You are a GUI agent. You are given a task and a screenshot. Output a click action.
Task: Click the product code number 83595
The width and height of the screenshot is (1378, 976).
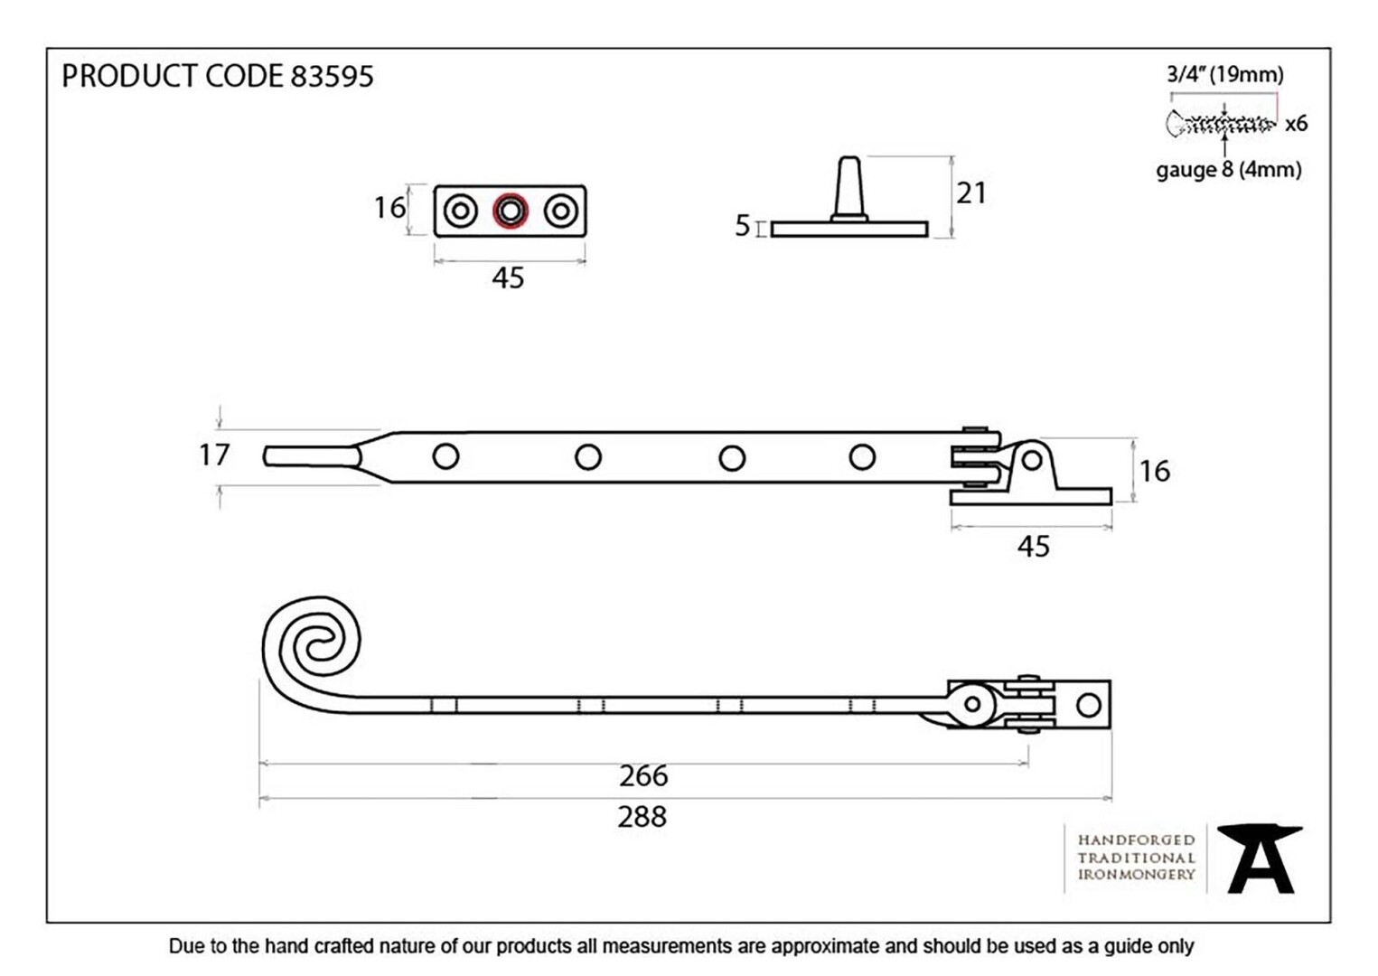(x=333, y=76)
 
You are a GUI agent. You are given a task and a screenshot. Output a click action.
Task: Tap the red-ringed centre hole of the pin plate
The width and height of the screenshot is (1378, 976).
(x=510, y=211)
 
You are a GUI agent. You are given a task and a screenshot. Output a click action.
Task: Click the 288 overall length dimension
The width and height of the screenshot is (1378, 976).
(x=642, y=817)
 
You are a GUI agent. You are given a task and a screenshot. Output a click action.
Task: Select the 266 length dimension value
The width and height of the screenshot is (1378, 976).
(x=642, y=776)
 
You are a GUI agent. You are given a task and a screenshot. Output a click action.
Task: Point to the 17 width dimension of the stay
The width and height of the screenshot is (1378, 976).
(x=214, y=455)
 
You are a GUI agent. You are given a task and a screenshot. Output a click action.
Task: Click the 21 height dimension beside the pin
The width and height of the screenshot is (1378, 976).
(x=971, y=193)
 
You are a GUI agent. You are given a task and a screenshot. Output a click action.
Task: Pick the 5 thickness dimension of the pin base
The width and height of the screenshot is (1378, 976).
(x=743, y=226)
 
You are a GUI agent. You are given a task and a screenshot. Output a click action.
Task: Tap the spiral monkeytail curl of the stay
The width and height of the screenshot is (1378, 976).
(x=311, y=646)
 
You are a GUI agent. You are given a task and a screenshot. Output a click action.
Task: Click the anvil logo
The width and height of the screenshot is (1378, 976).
(x=1260, y=859)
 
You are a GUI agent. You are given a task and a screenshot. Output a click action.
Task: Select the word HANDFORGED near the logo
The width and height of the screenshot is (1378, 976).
(x=1136, y=840)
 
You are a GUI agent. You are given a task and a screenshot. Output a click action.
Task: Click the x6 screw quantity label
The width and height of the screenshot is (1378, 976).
(x=1297, y=125)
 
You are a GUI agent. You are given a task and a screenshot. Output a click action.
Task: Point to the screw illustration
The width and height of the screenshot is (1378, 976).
(x=1221, y=125)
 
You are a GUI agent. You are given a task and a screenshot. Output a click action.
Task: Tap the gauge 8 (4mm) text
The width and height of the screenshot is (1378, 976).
(x=1229, y=170)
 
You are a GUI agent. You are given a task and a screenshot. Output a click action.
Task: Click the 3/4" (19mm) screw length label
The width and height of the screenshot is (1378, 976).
(x=1225, y=75)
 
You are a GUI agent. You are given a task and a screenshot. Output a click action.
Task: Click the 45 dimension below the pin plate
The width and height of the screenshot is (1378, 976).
(x=508, y=278)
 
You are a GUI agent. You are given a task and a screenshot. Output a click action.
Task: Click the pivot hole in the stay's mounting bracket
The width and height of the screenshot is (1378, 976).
(x=1032, y=460)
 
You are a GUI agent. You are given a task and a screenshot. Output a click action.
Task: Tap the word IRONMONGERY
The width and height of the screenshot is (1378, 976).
(x=1136, y=875)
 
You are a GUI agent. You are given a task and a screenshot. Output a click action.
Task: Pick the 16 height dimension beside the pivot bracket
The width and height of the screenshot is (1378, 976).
(x=1155, y=472)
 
